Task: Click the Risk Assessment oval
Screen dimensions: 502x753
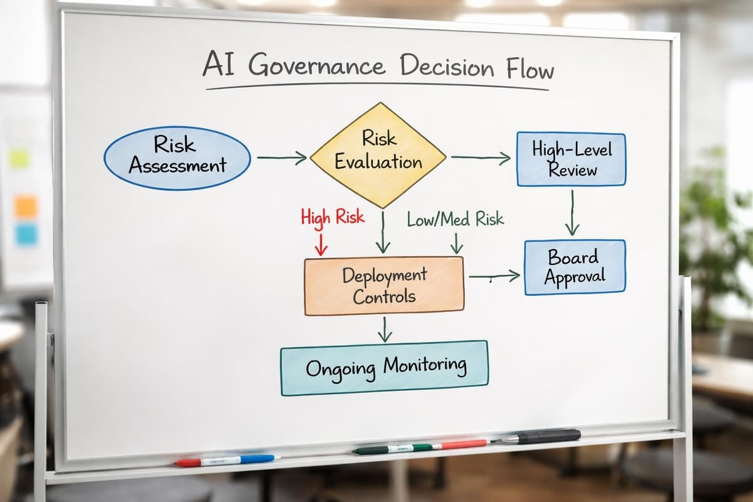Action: [x=177, y=158]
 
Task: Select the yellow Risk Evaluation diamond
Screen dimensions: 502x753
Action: [x=378, y=155]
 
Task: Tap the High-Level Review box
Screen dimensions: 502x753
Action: [x=571, y=159]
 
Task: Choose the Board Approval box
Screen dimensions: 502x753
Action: [x=574, y=267]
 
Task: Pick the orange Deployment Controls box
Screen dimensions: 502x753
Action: [x=384, y=285]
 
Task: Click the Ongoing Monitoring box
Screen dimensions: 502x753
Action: [x=384, y=367]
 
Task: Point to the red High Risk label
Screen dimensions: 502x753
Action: [x=332, y=218]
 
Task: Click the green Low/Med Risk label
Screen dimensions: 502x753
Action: [x=455, y=219]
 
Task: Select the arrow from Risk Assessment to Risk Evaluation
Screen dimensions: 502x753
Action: [x=282, y=158]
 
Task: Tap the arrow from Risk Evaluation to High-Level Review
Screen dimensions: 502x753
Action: [x=481, y=158]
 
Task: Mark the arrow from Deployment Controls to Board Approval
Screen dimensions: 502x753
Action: [x=494, y=275]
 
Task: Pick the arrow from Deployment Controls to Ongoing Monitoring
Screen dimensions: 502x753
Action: [x=385, y=328]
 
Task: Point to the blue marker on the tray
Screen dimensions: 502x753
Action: [x=251, y=459]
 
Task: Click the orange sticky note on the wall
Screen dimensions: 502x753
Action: [x=26, y=206]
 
